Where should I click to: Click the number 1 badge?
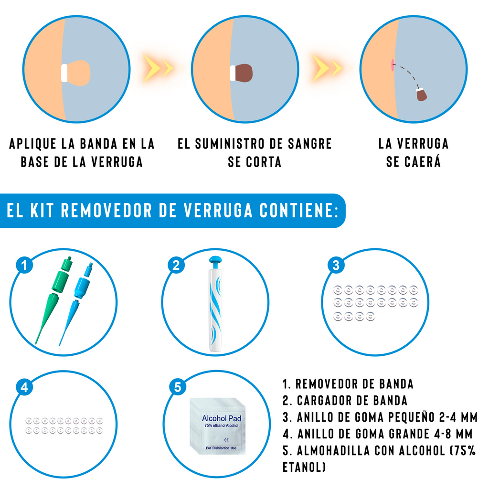coord(24,266)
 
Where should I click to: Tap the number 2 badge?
coord(176,266)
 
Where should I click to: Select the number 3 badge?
coord(336,266)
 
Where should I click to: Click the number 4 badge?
coord(24,387)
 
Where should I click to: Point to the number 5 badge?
coord(178,387)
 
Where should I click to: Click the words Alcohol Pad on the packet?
coord(221,419)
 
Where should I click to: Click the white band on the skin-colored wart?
coord(64,73)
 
